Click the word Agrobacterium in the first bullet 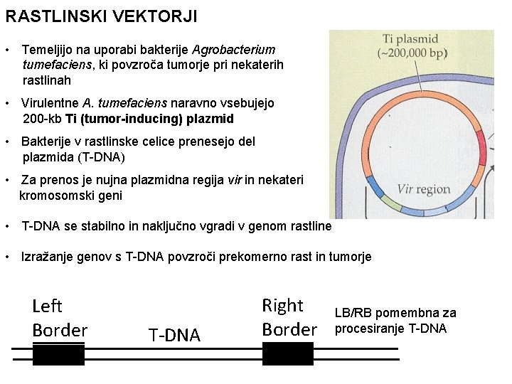tap(233, 50)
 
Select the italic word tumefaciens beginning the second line tap(53, 65)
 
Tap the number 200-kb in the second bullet tap(42, 118)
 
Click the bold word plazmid tap(208, 118)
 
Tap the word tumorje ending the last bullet tap(347, 257)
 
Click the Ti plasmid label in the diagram tap(410, 39)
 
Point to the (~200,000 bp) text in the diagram tap(412, 53)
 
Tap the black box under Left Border tap(58, 353)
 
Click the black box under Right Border tap(287, 353)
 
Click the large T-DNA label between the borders tap(174, 335)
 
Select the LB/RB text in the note tap(353, 313)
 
